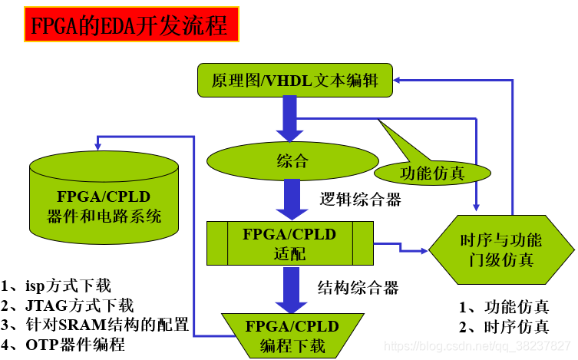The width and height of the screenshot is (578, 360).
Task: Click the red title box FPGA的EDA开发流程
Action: (x=129, y=27)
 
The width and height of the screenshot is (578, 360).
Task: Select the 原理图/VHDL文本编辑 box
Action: (x=296, y=79)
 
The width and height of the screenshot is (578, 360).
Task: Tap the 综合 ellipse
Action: (x=292, y=160)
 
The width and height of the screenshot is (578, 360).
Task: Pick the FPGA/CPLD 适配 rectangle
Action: (x=290, y=243)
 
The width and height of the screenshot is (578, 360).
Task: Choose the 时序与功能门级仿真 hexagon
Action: (x=500, y=249)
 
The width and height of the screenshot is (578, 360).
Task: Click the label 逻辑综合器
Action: (x=360, y=199)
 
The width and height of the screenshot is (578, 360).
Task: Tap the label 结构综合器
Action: (x=358, y=288)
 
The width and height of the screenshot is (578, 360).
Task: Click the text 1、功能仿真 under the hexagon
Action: (x=505, y=307)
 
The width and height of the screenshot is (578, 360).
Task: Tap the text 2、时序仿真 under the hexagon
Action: (x=505, y=327)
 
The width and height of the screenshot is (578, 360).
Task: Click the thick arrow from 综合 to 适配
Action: (x=291, y=199)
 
